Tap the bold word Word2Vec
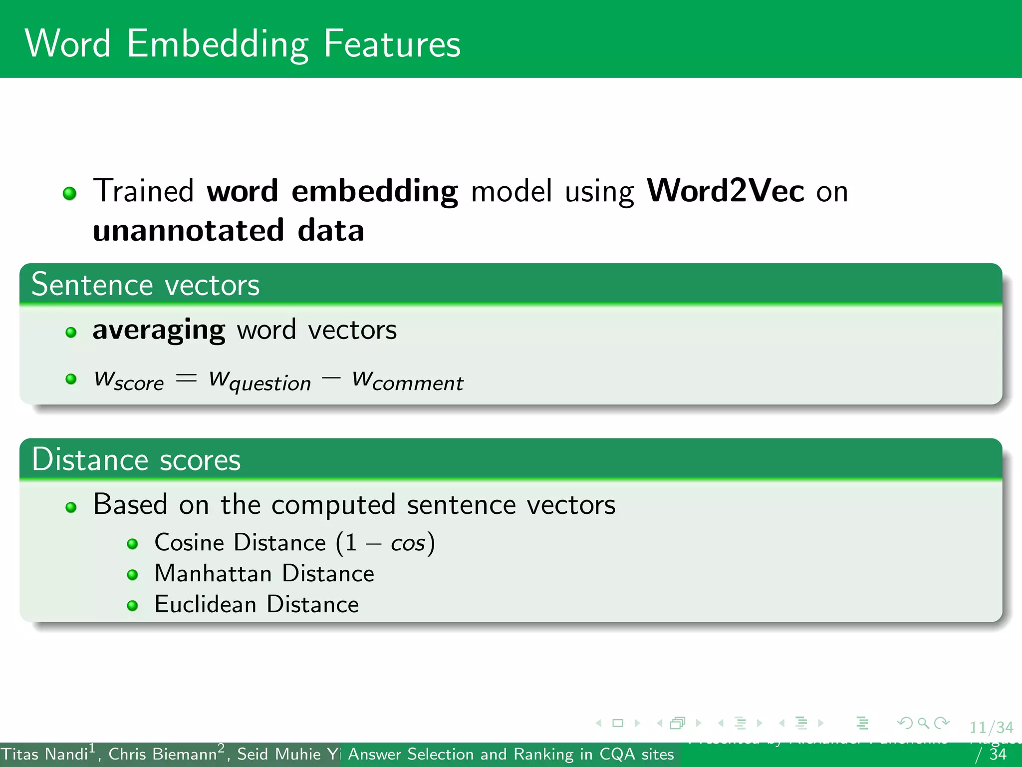(x=725, y=191)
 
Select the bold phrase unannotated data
(x=229, y=231)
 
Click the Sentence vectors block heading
(x=145, y=285)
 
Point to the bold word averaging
(x=159, y=330)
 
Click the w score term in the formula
(x=129, y=381)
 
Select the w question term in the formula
(x=259, y=381)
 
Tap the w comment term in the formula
(x=407, y=381)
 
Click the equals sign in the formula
(x=186, y=378)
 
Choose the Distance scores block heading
(x=136, y=460)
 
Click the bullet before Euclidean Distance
(x=132, y=606)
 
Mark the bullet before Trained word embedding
(x=70, y=193)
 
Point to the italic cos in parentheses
(x=408, y=544)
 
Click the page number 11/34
(x=991, y=728)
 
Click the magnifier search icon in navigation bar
(x=923, y=723)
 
